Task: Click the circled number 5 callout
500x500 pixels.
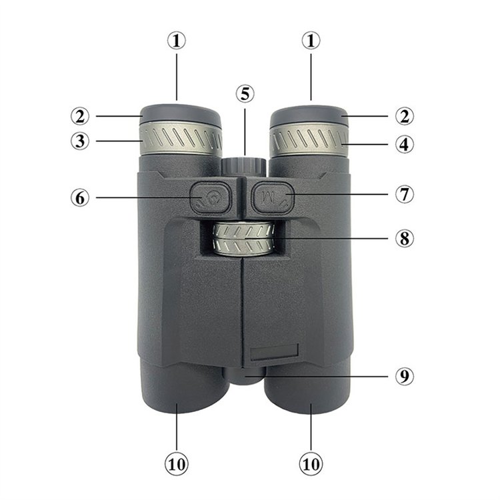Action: (x=245, y=94)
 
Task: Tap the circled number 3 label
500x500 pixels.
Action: (x=80, y=141)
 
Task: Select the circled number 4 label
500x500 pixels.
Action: (x=405, y=144)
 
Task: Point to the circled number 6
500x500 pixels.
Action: (x=80, y=198)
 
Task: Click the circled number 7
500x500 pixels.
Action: (x=405, y=194)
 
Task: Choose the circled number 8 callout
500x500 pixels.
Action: (x=405, y=238)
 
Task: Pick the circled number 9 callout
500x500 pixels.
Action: (x=405, y=377)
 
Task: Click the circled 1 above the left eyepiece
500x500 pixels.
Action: (x=177, y=41)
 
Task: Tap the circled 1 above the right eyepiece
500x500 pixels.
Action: (x=311, y=41)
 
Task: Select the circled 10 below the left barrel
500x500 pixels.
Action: (x=177, y=464)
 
